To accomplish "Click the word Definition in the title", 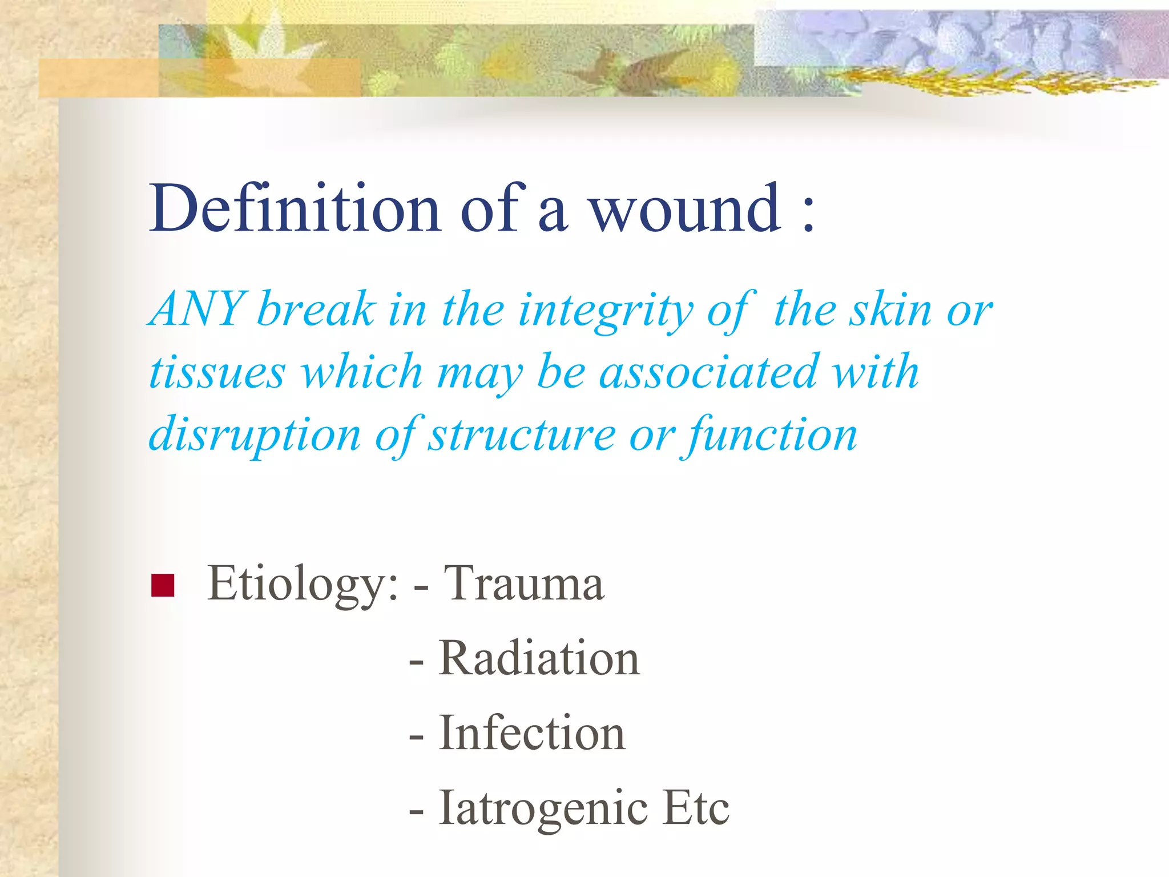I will pos(295,208).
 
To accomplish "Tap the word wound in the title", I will pos(684,208).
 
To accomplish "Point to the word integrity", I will pos(605,311).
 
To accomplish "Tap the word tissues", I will pos(217,372).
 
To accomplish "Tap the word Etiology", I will pos(303,584).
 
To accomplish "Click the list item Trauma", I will pos(523,584).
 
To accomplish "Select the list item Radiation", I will pos(539,658).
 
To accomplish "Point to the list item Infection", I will pos(532,733).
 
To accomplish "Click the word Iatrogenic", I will pos(543,808).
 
